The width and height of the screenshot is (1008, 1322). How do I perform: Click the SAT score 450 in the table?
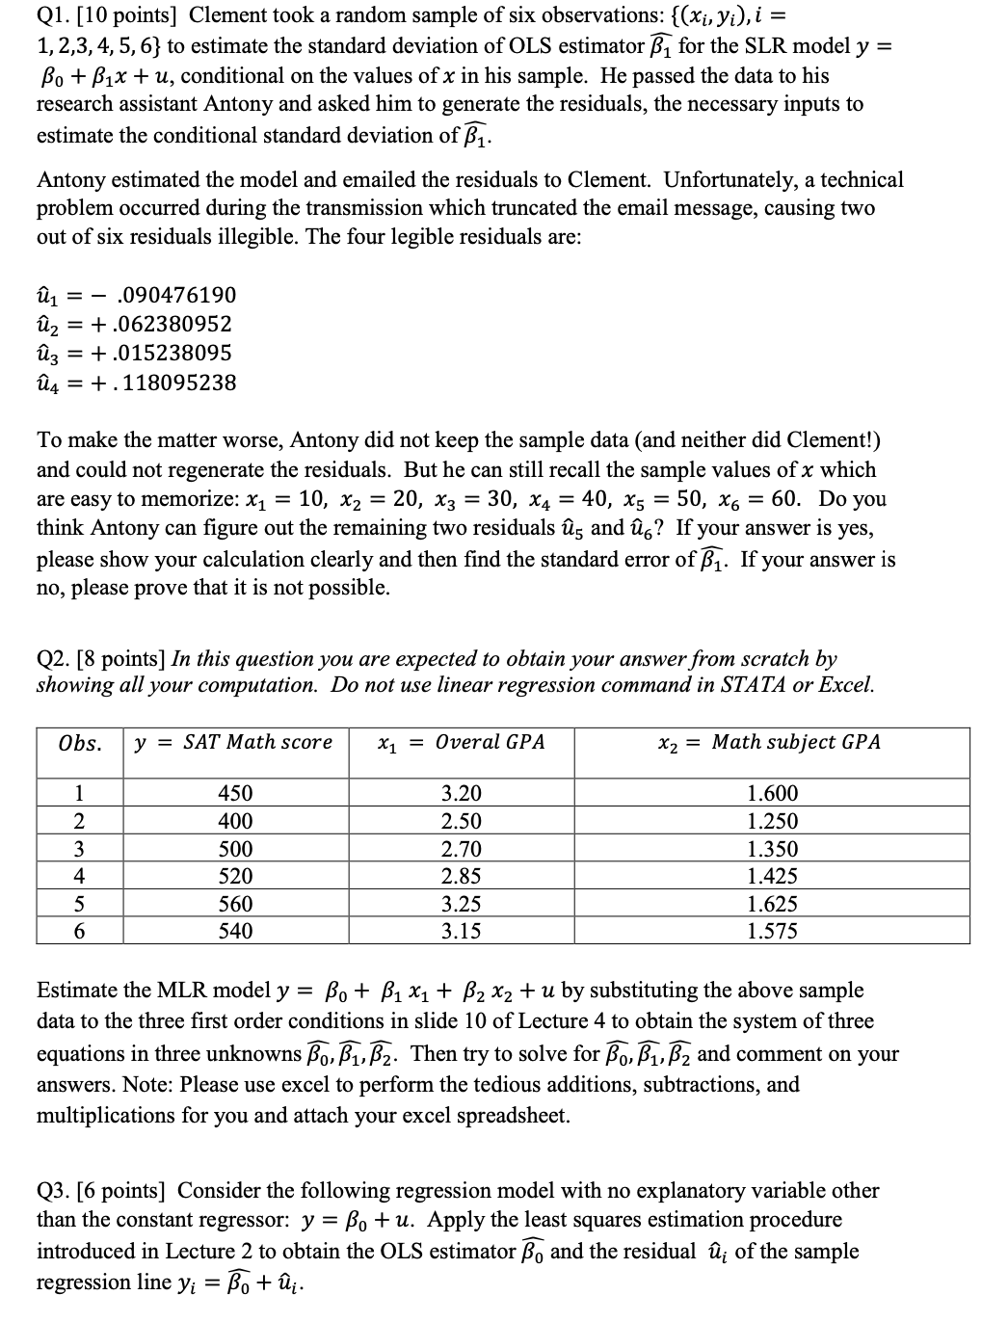click(235, 794)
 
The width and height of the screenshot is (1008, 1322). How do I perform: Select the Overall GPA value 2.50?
click(461, 822)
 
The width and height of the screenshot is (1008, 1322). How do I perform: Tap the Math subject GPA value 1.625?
click(773, 905)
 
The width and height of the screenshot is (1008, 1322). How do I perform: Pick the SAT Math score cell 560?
click(235, 905)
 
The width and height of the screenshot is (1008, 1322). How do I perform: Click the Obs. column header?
click(80, 743)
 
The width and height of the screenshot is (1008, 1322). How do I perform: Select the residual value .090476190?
click(174, 295)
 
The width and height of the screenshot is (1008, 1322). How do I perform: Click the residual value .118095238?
click(174, 383)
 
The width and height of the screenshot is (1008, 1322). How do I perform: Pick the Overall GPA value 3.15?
click(461, 932)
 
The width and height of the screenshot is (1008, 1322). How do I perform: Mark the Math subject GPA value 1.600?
click(773, 794)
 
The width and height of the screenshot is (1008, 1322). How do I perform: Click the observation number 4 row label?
click(80, 877)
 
